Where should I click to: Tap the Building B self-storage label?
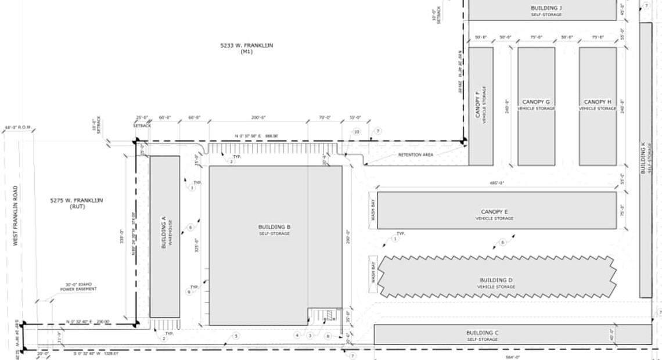point(274,229)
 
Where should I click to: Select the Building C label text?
point(483,335)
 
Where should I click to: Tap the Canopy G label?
point(535,105)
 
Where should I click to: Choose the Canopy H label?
point(598,105)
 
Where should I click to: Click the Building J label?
point(546,10)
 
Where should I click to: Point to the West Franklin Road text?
point(16,215)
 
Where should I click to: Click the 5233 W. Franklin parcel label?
point(246,48)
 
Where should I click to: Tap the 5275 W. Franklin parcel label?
point(77,203)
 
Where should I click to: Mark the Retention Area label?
point(416,155)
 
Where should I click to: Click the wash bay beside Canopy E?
point(373,210)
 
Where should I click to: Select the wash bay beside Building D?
point(373,273)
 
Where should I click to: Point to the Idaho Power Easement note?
point(80,287)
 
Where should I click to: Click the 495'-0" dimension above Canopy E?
point(496,183)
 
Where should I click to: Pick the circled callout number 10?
point(357,132)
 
